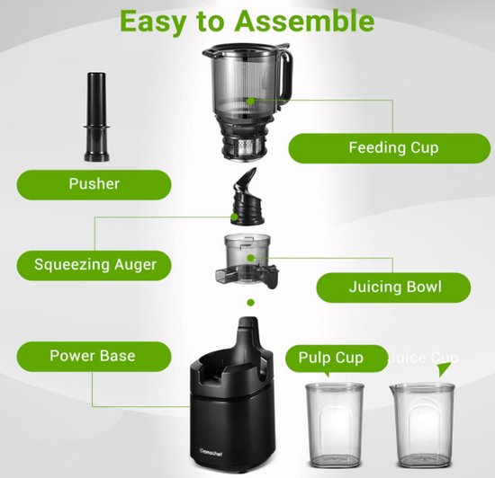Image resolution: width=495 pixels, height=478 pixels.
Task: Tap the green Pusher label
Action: tap(94, 184)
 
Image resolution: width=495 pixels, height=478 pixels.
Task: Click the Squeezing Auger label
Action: tap(94, 264)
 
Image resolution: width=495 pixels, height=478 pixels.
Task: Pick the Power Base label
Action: tap(93, 356)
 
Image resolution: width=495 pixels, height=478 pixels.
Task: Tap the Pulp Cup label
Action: tap(330, 358)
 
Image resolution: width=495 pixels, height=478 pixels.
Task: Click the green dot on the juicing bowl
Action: tap(251, 253)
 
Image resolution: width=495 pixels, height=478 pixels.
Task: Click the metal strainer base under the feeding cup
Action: tap(248, 143)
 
